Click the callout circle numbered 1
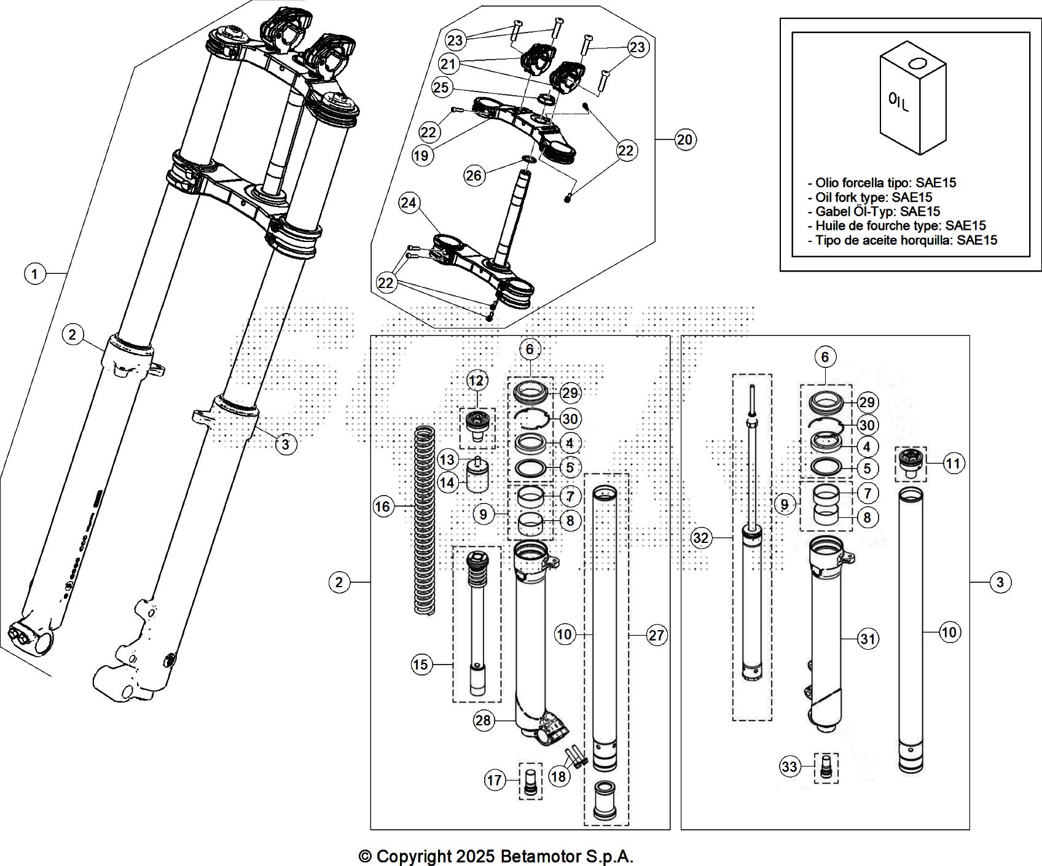pos(35,273)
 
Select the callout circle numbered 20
pos(684,140)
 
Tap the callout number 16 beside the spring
pos(383,506)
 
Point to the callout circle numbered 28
pos(484,720)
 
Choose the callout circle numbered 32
pos(700,539)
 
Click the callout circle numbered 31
pos(867,639)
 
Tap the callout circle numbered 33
pos(789,767)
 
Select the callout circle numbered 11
pos(952,463)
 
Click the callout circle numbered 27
pos(656,634)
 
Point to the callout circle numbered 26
pos(474,176)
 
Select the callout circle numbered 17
pos(494,780)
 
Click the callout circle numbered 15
pos(421,665)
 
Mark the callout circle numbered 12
pos(476,381)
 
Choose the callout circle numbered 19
pos(421,156)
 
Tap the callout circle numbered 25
pos(441,87)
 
